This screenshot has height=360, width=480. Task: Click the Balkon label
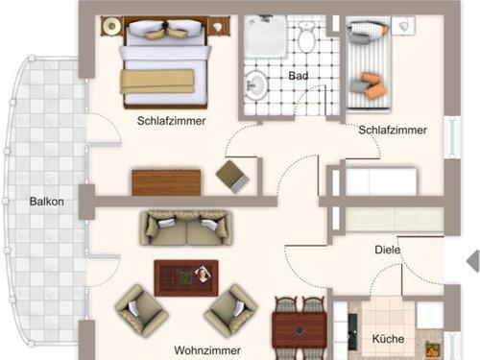[x=47, y=202]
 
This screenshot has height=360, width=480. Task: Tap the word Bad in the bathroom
[x=299, y=76]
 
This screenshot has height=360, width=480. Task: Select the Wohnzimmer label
[x=207, y=350]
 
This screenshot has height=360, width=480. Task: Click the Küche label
[x=388, y=339]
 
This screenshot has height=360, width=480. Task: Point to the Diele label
[x=388, y=250]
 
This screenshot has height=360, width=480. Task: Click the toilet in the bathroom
[x=306, y=37]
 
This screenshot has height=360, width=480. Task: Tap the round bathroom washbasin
[x=256, y=85]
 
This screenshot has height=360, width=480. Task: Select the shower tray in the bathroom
[x=265, y=36]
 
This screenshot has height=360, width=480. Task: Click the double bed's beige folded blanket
[x=157, y=82]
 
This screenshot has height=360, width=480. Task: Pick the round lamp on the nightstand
[x=112, y=26]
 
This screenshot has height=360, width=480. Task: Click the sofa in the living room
[x=186, y=228]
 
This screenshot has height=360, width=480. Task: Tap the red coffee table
[x=186, y=277]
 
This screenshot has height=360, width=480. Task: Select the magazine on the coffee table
[x=203, y=274]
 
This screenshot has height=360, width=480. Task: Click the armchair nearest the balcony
[x=141, y=310]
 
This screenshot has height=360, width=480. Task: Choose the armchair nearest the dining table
[x=231, y=310]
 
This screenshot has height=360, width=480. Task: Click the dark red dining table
[x=300, y=330]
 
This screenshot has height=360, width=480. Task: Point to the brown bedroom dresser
[x=166, y=182]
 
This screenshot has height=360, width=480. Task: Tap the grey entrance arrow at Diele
[x=473, y=261]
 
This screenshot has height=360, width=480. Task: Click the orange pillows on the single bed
[x=372, y=85]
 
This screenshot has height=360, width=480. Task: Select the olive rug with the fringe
[x=232, y=176]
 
